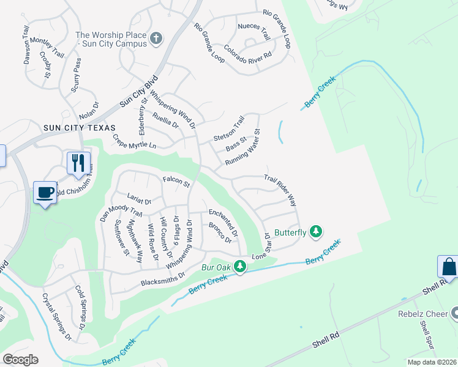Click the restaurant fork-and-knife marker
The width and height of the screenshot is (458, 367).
click(x=78, y=163)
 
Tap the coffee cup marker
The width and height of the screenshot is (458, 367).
click(x=45, y=192)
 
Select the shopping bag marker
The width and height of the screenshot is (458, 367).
click(x=448, y=267)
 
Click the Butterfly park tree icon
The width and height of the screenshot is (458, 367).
click(x=316, y=231)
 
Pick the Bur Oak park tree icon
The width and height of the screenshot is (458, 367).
click(x=241, y=267)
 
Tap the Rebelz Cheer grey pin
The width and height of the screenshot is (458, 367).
click(x=454, y=313)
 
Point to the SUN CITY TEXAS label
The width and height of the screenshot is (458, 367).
click(x=80, y=127)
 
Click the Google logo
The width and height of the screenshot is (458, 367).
click(x=20, y=360)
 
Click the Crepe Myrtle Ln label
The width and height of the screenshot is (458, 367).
click(x=135, y=143)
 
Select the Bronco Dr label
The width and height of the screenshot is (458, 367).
click(x=220, y=233)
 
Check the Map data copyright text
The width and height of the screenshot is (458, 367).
click(x=432, y=361)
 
